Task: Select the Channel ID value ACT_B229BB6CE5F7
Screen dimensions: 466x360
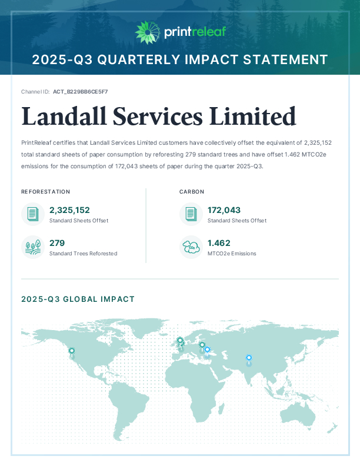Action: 80,92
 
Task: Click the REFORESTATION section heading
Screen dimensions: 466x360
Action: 46,192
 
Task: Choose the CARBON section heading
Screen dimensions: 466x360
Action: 192,192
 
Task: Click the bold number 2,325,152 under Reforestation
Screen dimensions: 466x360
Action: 69,210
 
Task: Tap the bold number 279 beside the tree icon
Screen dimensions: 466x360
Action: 57,242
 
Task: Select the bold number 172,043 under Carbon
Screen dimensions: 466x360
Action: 224,210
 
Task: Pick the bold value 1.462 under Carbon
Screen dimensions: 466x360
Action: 219,242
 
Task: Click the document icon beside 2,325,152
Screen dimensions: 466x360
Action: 32,214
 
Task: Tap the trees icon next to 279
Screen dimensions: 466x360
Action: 32,247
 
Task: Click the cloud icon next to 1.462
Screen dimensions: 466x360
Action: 191,247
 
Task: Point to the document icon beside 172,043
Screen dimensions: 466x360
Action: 191,214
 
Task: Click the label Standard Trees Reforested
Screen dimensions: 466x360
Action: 83,254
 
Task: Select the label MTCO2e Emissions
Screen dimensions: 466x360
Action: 232,254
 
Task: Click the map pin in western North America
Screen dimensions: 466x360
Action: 72,352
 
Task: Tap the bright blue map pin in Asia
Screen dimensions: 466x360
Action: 249,358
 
